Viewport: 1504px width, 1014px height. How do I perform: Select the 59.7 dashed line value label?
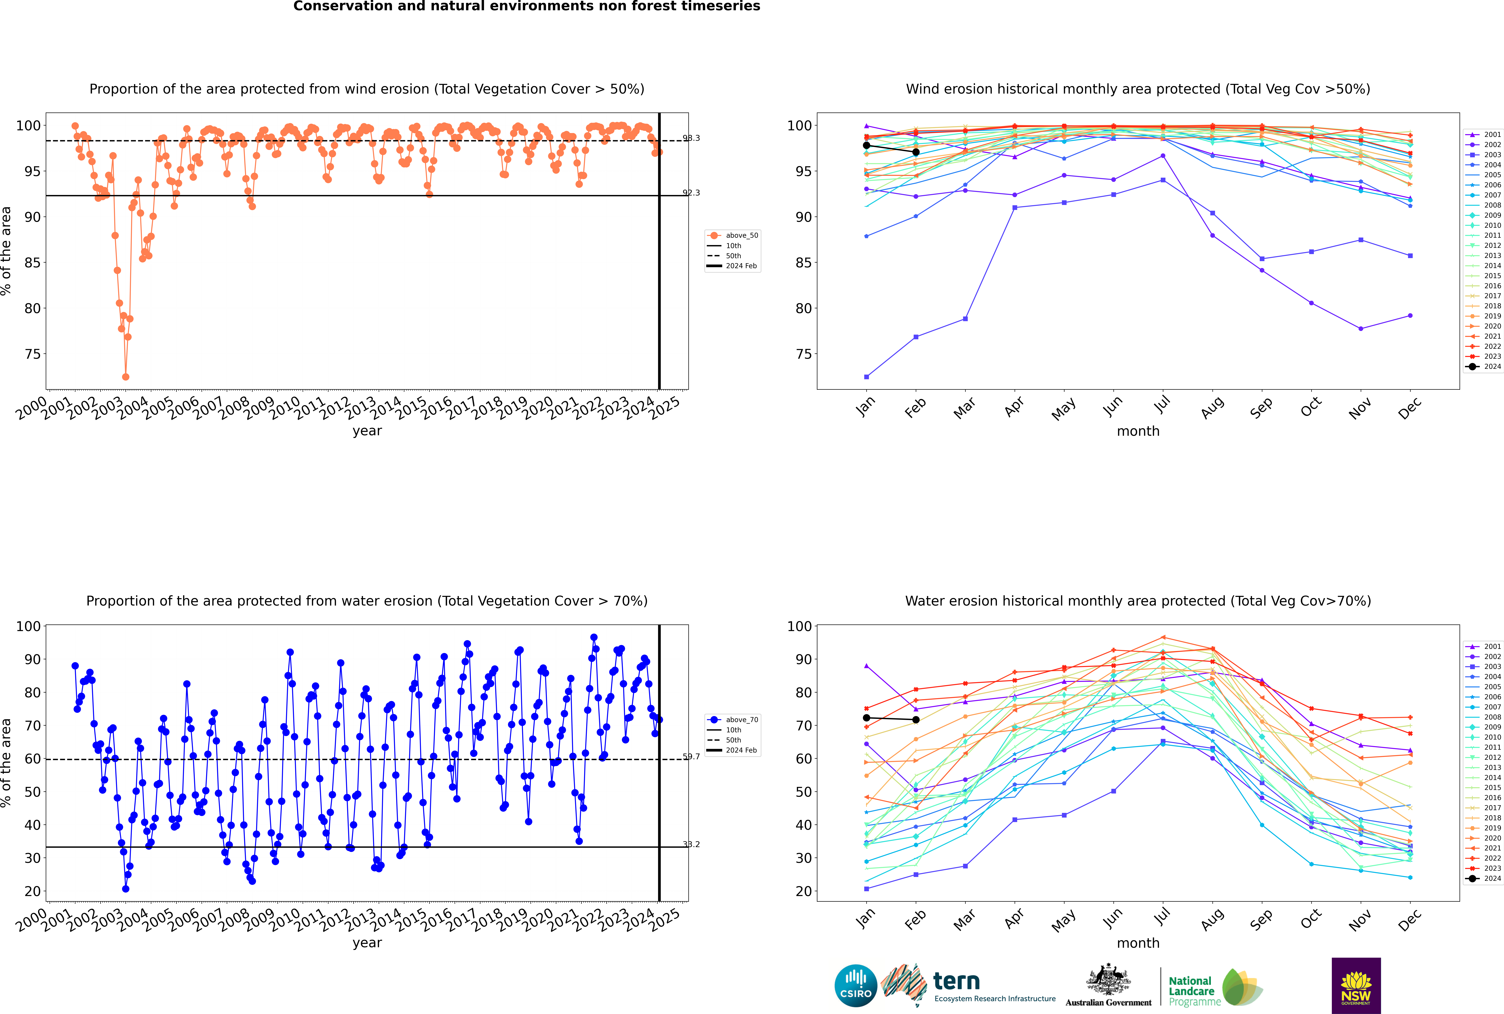point(691,757)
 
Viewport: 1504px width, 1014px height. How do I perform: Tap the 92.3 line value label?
point(691,193)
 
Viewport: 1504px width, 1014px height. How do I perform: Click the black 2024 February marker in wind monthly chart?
point(916,152)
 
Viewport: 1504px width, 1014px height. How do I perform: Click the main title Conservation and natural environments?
point(526,6)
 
